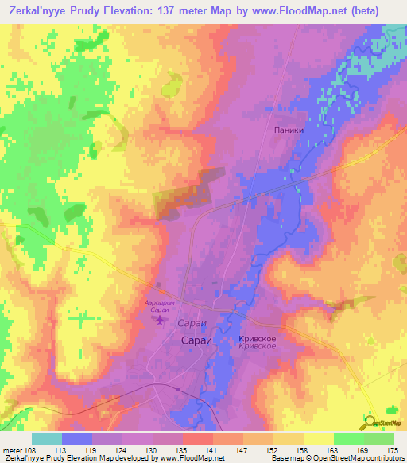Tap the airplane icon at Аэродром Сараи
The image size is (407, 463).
click(x=159, y=320)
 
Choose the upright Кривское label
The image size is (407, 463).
click(x=257, y=338)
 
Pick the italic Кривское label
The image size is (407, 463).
click(x=257, y=347)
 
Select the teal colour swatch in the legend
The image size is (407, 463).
click(x=47, y=438)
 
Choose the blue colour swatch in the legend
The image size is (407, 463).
click(x=77, y=438)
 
